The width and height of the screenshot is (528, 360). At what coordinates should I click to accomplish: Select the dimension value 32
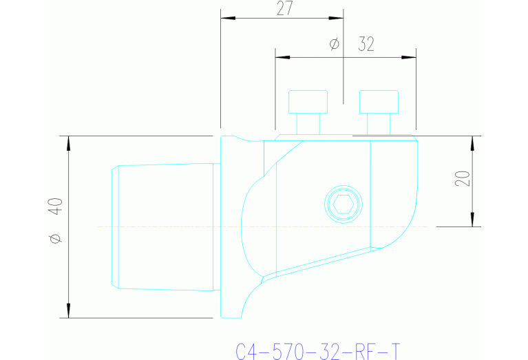pyautogui.click(x=366, y=45)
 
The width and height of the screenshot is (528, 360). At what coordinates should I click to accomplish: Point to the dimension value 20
pyautogui.click(x=463, y=178)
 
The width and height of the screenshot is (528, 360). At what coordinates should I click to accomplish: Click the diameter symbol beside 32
pyautogui.click(x=335, y=45)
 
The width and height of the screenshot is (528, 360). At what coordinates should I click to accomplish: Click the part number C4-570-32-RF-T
pyautogui.click(x=317, y=352)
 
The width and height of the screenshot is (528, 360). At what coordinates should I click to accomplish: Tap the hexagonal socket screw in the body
pyautogui.click(x=342, y=204)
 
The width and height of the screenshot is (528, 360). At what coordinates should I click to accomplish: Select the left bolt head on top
pyautogui.click(x=308, y=102)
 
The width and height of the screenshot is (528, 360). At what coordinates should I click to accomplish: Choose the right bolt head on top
pyautogui.click(x=379, y=102)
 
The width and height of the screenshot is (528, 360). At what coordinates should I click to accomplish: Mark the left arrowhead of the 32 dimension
pyautogui.click(x=282, y=56)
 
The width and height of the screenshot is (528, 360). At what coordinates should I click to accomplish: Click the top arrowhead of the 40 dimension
pyautogui.click(x=69, y=143)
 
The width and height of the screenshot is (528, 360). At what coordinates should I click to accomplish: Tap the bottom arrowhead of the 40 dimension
pyautogui.click(x=69, y=311)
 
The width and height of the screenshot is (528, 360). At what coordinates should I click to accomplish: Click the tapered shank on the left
pyautogui.click(x=165, y=226)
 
